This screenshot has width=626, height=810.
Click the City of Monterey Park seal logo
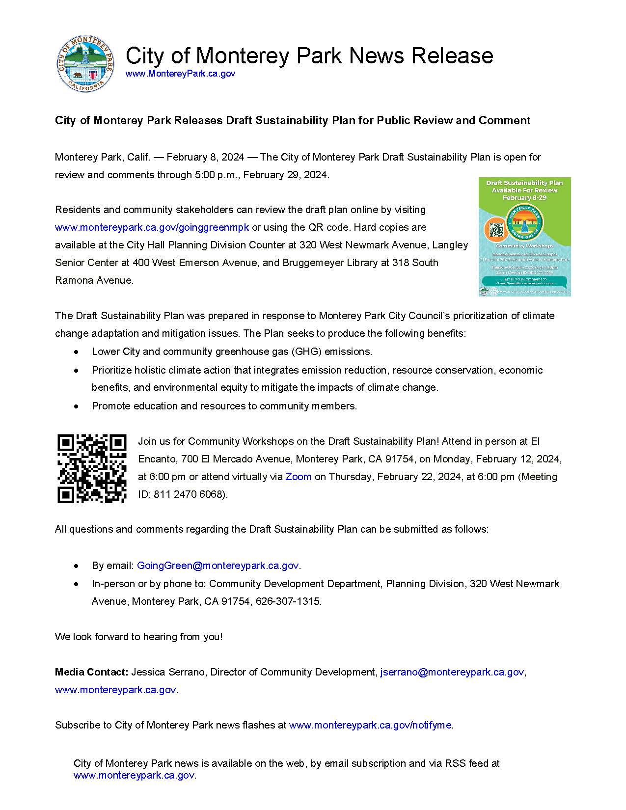[86, 64]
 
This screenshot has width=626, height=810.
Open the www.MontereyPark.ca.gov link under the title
[180, 74]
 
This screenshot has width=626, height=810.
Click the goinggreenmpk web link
[152, 227]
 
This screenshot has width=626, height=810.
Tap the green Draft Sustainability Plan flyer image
[524, 237]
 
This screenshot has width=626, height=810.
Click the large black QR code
[92, 468]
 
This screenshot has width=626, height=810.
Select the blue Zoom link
[298, 477]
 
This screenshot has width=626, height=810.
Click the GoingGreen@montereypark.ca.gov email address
[218, 566]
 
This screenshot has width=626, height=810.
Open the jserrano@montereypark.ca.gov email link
[452, 672]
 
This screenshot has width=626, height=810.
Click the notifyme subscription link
[370, 725]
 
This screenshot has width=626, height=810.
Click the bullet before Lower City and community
[76, 352]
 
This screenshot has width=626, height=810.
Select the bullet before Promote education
[76, 406]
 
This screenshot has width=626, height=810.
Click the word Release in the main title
[452, 55]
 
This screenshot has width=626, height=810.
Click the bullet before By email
[76, 566]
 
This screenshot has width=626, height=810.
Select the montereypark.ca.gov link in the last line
[134, 776]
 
